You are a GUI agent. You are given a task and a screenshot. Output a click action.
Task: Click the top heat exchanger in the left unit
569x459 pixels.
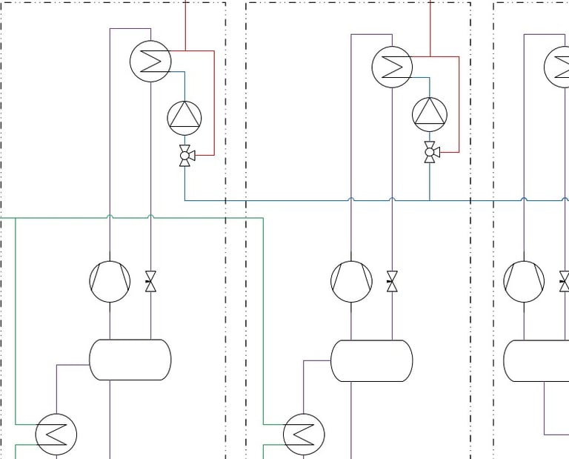point(150,61)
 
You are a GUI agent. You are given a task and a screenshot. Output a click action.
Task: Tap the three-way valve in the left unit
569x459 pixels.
point(185,156)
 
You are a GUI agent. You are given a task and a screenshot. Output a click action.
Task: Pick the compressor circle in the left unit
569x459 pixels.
point(110,281)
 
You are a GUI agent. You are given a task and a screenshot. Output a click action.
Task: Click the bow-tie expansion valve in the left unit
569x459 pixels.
point(150,282)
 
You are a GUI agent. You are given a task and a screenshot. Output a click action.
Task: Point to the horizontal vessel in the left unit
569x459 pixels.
point(130,360)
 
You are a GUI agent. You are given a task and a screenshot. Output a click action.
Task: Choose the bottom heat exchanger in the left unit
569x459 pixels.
point(56,434)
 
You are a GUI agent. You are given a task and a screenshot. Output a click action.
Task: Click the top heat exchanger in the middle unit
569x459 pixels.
point(392,67)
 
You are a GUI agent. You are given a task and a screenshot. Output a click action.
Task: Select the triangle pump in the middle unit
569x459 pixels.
point(430,113)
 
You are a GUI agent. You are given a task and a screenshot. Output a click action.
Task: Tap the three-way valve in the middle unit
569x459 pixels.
point(430,153)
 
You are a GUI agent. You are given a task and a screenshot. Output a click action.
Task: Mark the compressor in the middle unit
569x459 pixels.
point(351,281)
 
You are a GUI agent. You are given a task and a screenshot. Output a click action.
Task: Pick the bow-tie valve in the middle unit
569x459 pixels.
point(393,282)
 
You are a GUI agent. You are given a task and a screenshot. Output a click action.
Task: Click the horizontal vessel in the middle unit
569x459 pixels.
point(371,360)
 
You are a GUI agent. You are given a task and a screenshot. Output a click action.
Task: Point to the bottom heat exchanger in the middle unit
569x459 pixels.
point(304,434)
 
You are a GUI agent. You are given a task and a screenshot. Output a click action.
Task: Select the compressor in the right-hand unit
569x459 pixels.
point(524,281)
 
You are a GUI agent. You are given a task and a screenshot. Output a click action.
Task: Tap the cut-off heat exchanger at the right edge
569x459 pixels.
point(559,67)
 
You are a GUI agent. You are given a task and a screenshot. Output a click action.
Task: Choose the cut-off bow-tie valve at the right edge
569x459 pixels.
point(565,282)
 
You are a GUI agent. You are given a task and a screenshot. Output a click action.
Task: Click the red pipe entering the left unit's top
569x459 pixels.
point(184,22)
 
